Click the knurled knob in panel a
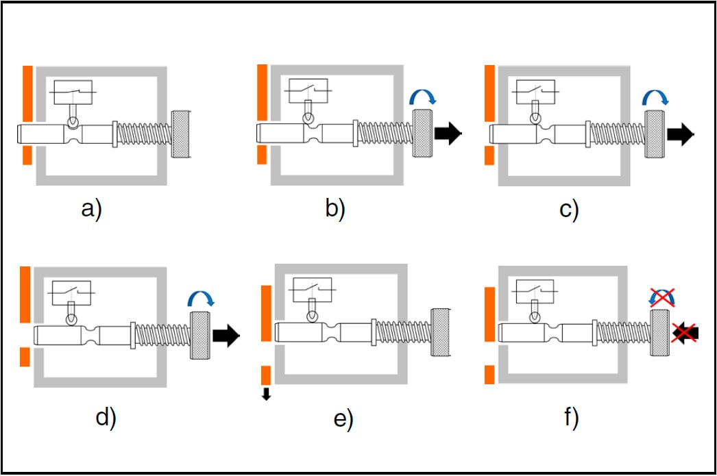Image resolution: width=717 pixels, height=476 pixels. (182, 134)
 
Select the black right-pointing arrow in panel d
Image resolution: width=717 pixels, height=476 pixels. (226, 336)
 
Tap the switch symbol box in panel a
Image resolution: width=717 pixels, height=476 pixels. (73, 92)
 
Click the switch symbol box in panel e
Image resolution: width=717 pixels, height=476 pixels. (312, 290)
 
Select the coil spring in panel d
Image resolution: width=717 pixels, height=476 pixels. (162, 335)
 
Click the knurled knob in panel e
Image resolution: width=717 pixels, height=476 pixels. (440, 332)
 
